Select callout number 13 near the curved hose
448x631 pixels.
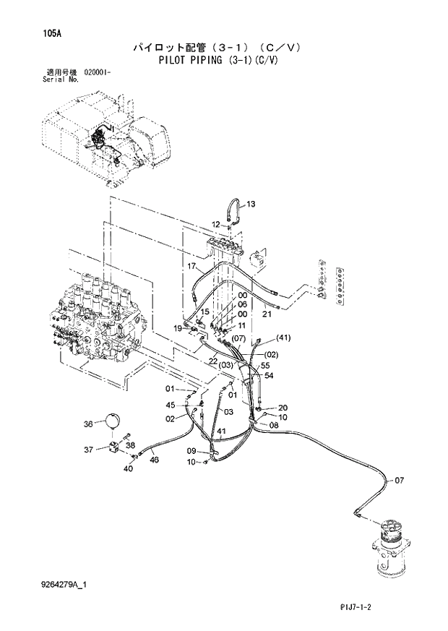pyautogui.click(x=251, y=205)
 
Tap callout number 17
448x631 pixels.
pyautogui.click(x=191, y=266)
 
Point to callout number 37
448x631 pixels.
pyautogui.click(x=88, y=449)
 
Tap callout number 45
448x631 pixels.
pyautogui.click(x=171, y=405)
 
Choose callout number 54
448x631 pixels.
pyautogui.click(x=268, y=376)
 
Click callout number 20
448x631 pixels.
pyautogui.click(x=283, y=407)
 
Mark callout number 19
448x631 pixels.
pyautogui.click(x=177, y=328)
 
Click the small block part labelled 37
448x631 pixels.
pyautogui.click(x=116, y=447)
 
